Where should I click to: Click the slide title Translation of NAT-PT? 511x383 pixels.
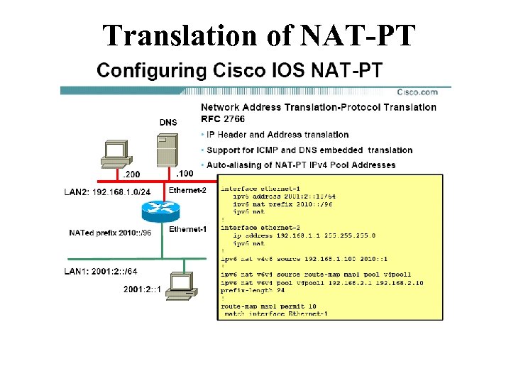258,35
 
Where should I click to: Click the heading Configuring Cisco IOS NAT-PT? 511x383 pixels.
240,70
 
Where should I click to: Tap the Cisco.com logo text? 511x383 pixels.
417,91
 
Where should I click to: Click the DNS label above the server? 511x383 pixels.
168,122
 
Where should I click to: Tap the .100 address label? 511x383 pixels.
184,173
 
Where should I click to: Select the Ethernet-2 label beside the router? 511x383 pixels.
187,190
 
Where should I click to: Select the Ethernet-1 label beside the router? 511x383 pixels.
187,229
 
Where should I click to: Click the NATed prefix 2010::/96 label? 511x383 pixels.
110,232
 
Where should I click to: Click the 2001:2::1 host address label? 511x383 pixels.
143,289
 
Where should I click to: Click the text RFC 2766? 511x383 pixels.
221,118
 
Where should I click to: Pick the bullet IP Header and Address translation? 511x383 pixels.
278,134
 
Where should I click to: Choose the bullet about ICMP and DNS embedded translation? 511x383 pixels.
309,150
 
